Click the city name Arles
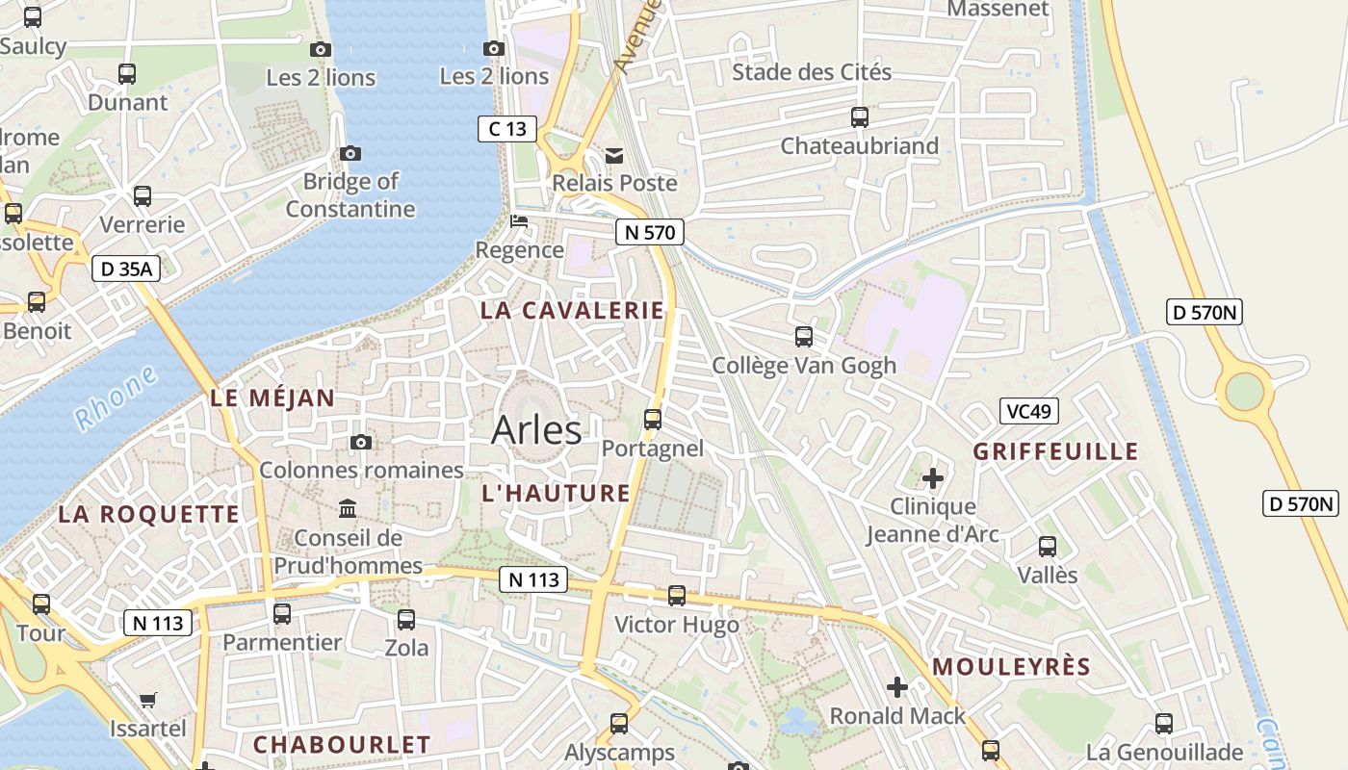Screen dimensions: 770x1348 click(536, 430)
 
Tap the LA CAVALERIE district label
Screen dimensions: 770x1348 click(572, 310)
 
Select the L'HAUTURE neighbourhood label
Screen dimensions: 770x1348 click(556, 493)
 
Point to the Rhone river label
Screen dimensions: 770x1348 click(116, 397)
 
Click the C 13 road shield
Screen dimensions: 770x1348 click(506, 128)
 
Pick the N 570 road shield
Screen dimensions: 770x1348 click(650, 232)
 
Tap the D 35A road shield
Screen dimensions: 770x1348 click(126, 269)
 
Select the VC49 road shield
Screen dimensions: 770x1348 click(1028, 411)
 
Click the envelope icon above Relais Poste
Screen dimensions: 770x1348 click(614, 155)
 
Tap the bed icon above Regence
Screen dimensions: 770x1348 click(519, 221)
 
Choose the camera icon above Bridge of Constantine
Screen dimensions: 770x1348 click(350, 153)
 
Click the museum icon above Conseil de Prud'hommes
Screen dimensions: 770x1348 click(348, 508)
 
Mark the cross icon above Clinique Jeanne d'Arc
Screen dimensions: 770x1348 click(932, 477)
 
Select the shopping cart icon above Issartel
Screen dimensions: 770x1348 click(147, 700)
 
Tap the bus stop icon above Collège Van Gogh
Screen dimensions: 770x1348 click(804, 337)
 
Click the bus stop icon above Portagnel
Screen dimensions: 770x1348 click(653, 420)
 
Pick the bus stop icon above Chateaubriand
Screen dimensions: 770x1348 click(859, 117)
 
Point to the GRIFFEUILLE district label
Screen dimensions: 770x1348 click(1055, 451)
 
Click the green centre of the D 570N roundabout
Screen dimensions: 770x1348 click(1244, 391)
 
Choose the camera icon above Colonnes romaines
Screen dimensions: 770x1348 click(361, 442)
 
